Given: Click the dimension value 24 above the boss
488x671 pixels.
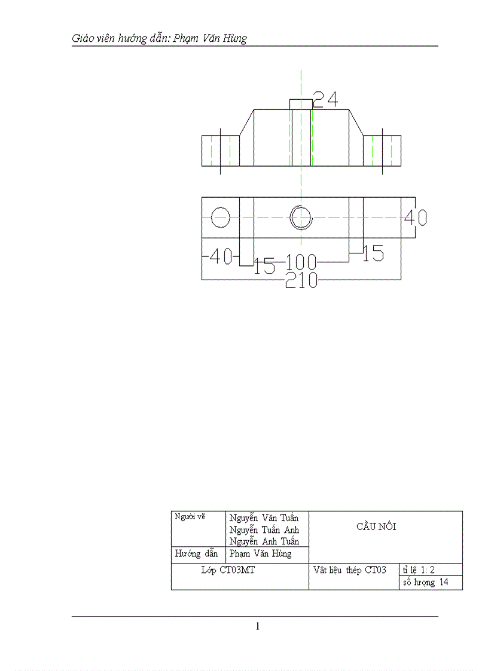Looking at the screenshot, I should click(325, 99).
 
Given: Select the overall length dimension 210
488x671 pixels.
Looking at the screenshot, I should click(301, 280).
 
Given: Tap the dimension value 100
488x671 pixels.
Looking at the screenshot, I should click(301, 262).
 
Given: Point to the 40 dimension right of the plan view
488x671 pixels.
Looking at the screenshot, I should click(416, 217).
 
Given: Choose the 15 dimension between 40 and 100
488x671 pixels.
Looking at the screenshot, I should click(264, 266).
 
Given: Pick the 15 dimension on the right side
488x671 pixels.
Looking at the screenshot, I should click(373, 254).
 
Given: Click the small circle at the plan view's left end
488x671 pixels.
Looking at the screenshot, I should click(220, 216).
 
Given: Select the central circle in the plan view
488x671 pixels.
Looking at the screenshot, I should click(301, 217).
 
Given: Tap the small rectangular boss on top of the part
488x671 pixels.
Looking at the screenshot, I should click(301, 105).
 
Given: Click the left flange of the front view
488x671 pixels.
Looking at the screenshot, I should click(220, 151).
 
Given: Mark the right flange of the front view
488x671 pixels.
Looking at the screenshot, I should click(382, 151).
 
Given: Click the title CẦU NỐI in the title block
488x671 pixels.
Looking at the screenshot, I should click(376, 526).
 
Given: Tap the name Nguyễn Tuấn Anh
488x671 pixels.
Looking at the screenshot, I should click(264, 530).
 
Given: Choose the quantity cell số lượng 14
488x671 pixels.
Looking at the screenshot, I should click(425, 583).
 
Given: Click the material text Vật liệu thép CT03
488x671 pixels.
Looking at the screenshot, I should click(350, 570).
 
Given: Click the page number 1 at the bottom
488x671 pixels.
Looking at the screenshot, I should click(258, 626).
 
